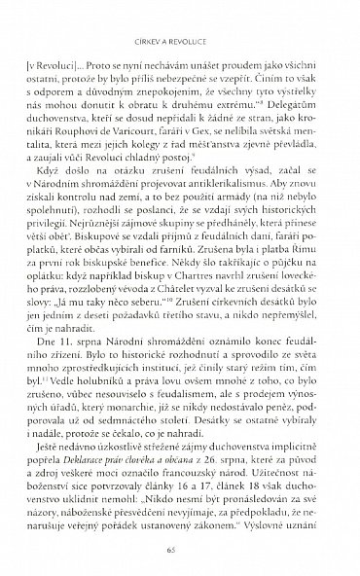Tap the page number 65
tap(180, 551)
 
